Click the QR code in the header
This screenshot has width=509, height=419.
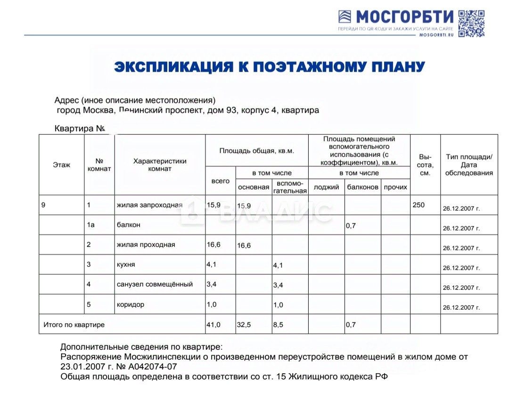click(471, 23)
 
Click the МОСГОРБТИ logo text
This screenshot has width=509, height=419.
click(404, 17)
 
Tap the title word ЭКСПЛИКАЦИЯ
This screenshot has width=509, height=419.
click(174, 67)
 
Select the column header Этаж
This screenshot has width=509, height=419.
click(61, 165)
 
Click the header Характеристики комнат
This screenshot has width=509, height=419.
click(160, 165)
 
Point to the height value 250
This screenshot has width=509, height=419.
click(418, 205)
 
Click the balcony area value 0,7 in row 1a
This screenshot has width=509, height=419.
click(351, 226)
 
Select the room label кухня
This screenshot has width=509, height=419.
click(126, 264)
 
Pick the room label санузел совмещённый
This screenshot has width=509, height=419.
click(155, 284)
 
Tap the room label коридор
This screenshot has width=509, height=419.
click(131, 304)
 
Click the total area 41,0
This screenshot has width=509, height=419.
click(213, 325)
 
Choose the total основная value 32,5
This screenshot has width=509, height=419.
click(244, 325)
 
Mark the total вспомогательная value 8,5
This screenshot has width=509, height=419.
click(278, 325)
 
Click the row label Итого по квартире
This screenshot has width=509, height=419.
click(74, 325)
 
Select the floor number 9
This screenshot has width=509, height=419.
click(43, 205)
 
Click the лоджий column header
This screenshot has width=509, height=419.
click(326, 187)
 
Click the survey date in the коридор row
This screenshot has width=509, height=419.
click(461, 308)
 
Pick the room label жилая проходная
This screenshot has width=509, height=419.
click(146, 245)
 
